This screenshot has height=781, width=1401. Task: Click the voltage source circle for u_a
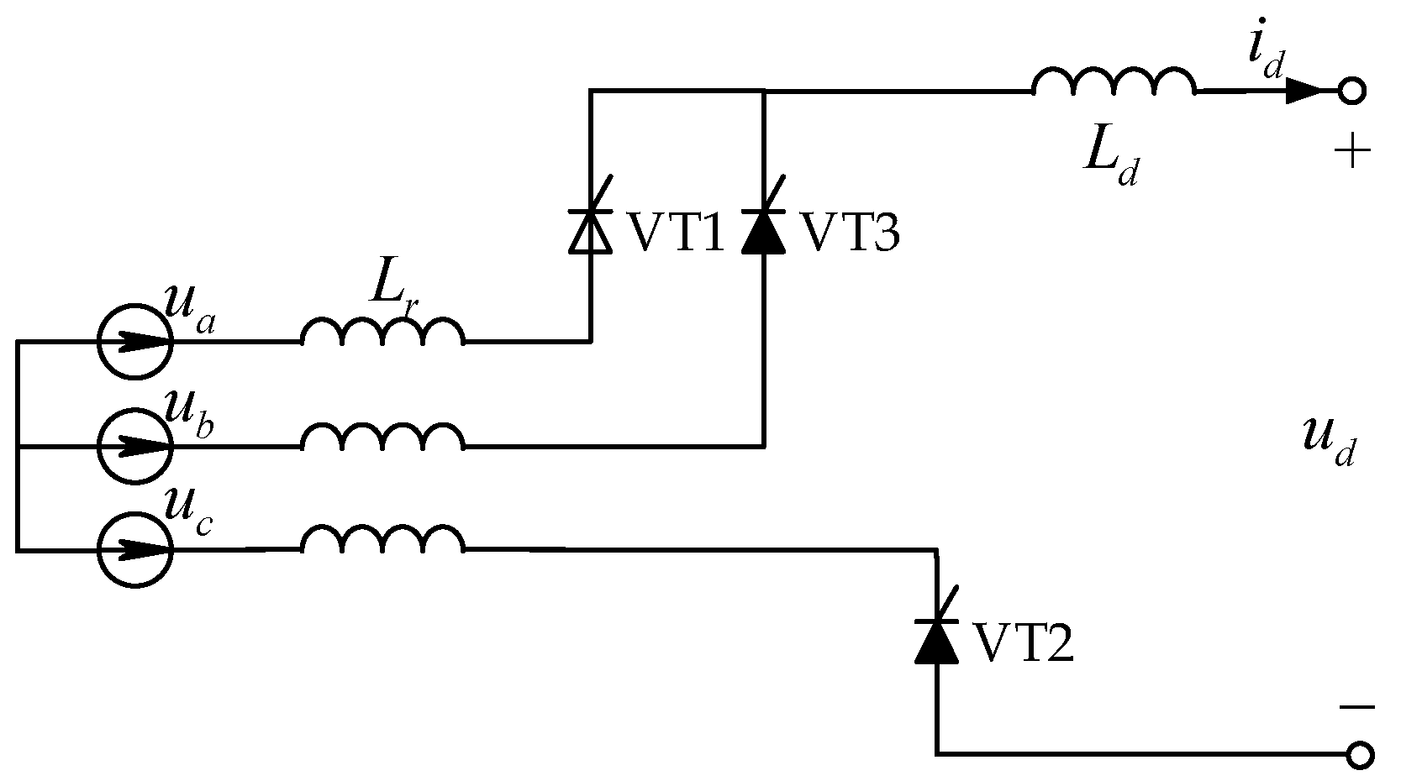[134, 342]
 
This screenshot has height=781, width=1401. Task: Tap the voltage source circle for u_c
[134, 550]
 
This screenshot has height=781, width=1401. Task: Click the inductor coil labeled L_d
[1113, 82]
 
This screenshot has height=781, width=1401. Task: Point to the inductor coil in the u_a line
[382, 333]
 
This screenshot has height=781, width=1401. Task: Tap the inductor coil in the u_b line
[382, 438]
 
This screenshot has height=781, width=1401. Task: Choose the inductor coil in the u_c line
[382, 542]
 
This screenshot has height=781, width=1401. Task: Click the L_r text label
[393, 294]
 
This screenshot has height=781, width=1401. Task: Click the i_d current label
[1266, 55]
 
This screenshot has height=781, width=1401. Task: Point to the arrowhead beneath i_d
[1304, 91]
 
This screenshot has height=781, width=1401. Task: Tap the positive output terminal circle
[1352, 91]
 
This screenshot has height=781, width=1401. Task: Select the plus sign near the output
[1352, 153]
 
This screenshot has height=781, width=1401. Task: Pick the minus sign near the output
[1356, 707]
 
